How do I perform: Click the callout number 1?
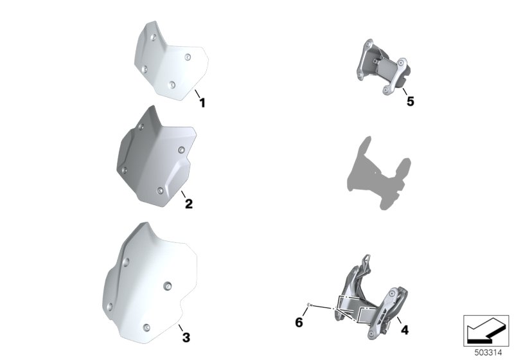point(202,103)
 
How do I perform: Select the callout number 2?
point(189,204)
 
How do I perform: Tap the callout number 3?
point(186,337)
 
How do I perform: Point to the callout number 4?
point(405,330)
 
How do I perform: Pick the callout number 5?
point(410,102)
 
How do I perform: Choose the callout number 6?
point(299,322)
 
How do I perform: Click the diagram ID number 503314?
point(488,353)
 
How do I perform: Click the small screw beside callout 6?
point(309,305)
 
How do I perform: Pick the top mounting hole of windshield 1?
point(153,37)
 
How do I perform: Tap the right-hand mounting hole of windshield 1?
point(188,57)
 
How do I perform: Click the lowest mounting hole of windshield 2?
point(160,191)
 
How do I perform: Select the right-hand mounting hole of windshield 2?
point(181,150)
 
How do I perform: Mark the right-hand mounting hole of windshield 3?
point(168,286)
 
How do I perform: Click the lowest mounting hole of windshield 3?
point(146,327)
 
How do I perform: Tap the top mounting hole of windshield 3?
point(126,262)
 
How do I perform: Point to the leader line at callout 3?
point(181,328)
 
